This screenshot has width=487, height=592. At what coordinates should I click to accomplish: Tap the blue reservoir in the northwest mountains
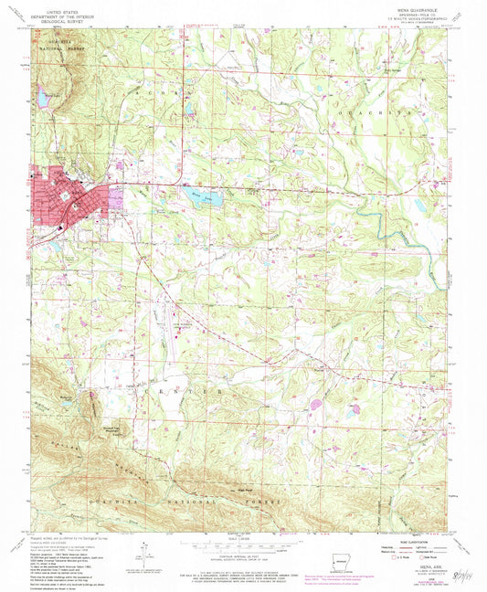point(43,95)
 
